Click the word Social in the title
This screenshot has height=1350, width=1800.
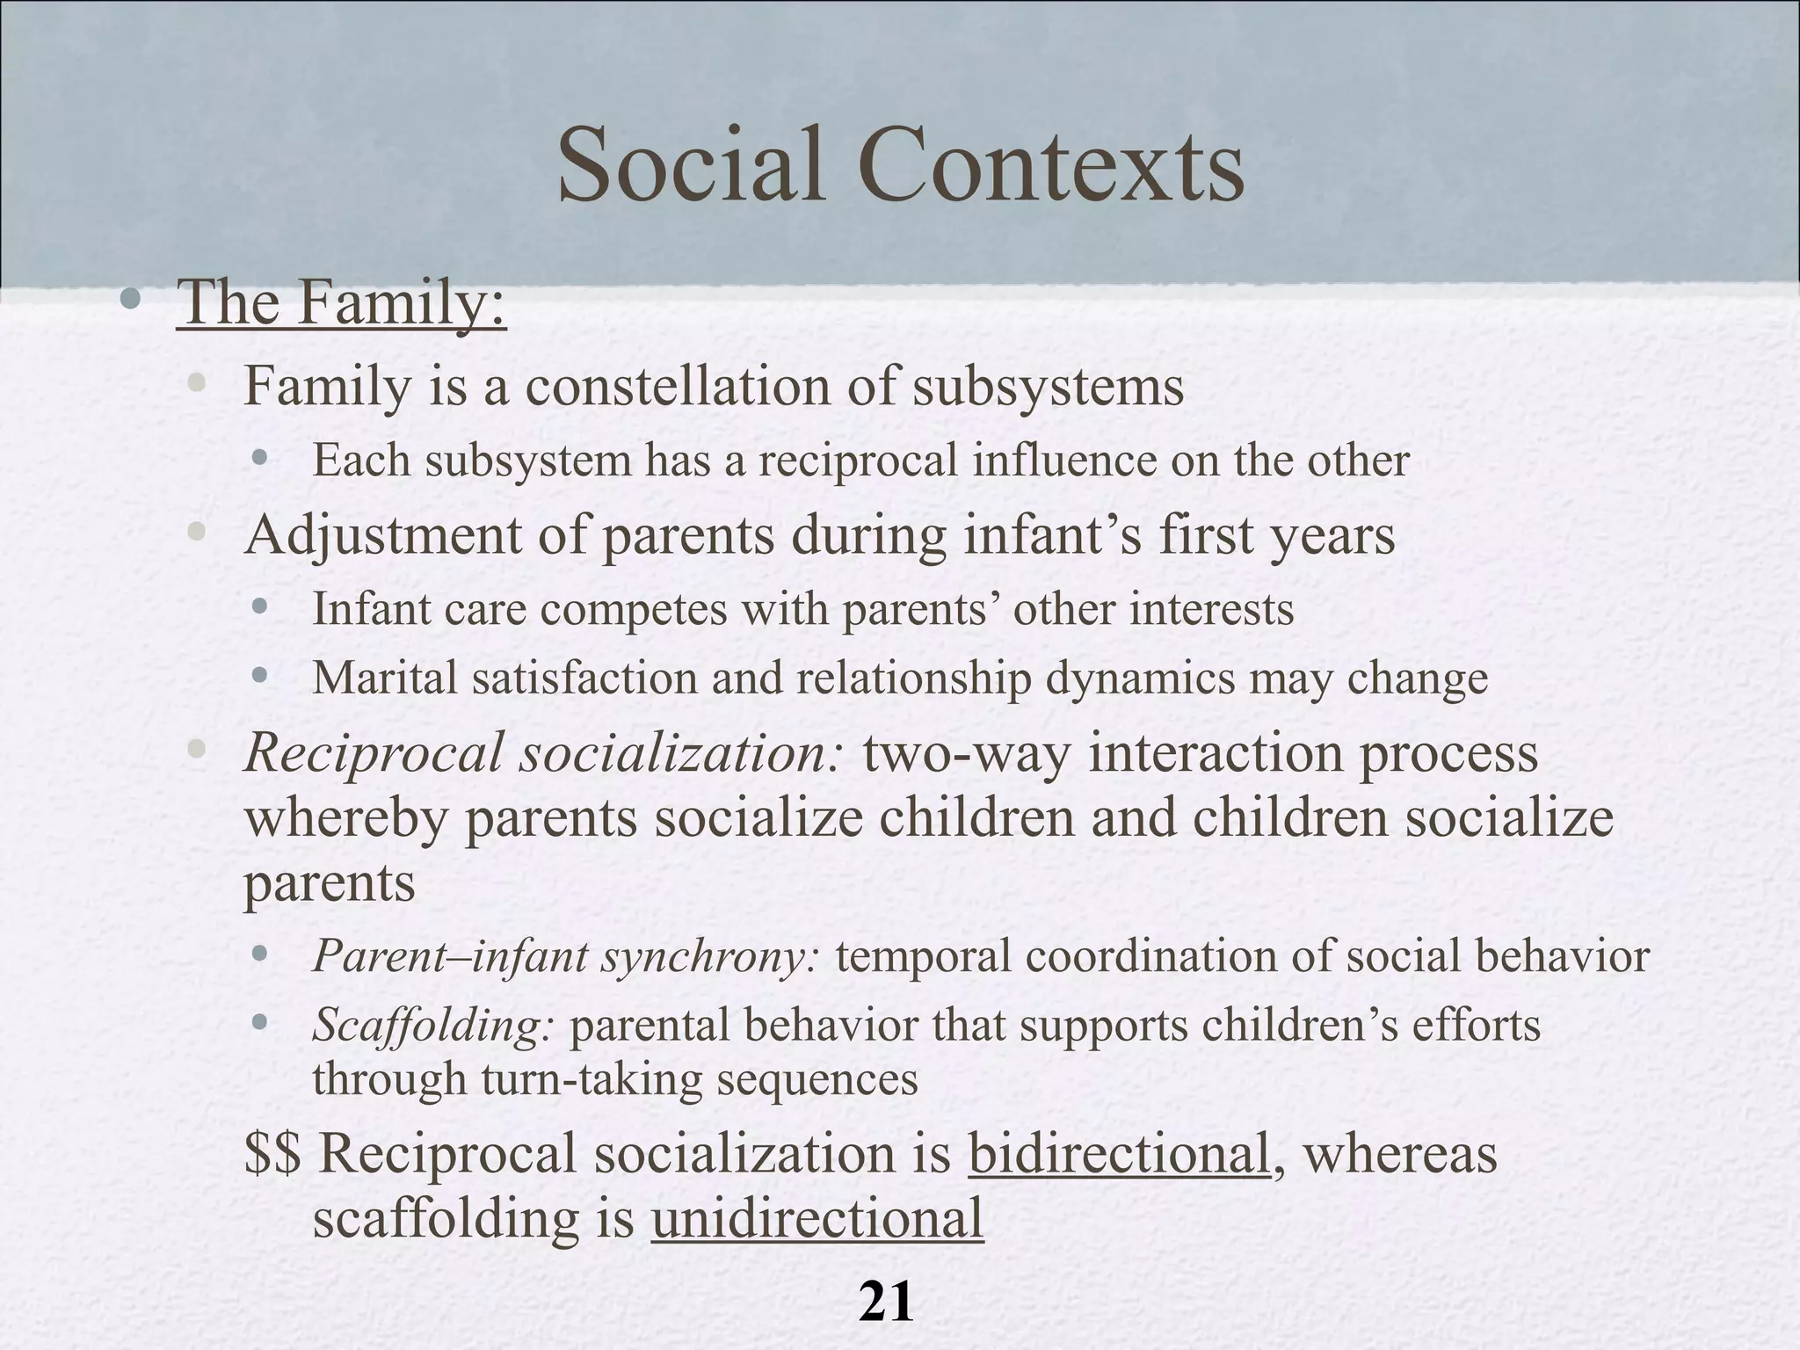pyautogui.click(x=691, y=166)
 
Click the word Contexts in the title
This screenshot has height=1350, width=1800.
pyautogui.click(x=1051, y=166)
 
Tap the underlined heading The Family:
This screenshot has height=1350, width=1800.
pyautogui.click(x=341, y=302)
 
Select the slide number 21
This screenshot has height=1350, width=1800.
pyautogui.click(x=886, y=1303)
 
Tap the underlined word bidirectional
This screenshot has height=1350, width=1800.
pyautogui.click(x=1119, y=1153)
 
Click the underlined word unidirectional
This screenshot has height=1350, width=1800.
pyautogui.click(x=817, y=1218)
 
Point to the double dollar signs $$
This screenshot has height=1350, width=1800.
pyautogui.click(x=272, y=1153)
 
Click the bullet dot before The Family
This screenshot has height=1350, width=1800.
pyautogui.click(x=131, y=301)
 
